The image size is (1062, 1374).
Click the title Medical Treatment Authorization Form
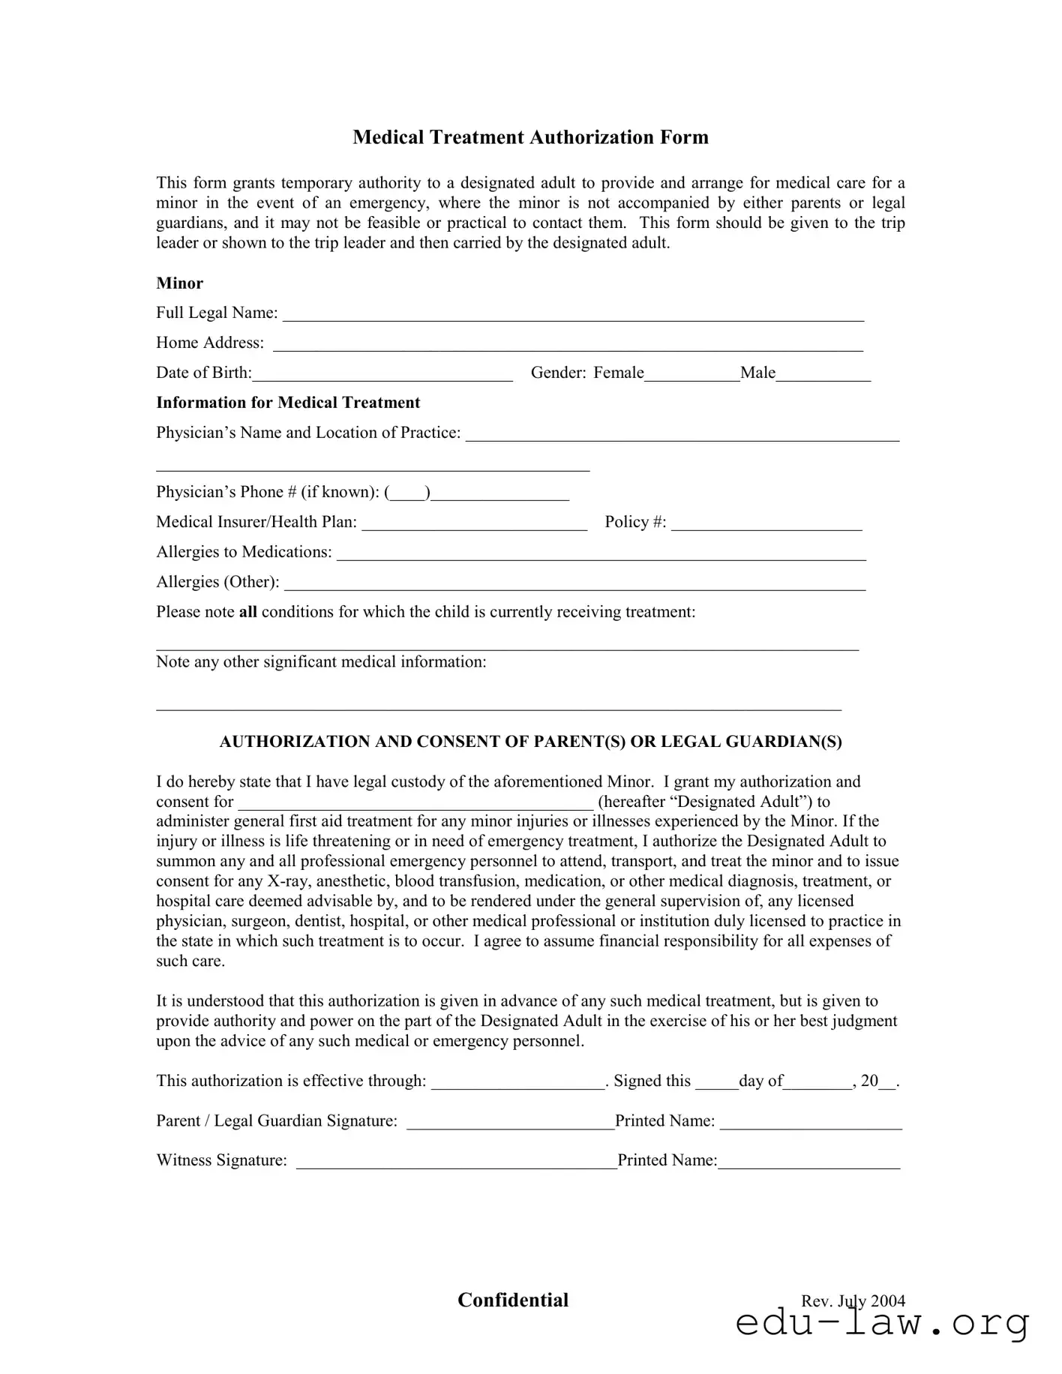(530, 137)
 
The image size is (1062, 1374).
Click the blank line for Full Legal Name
(573, 315)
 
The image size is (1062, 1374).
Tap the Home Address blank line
(568, 345)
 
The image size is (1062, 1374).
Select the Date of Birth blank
(382, 375)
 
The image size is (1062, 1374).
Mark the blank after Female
(691, 375)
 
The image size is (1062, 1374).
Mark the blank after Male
(823, 375)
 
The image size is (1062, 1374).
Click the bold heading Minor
(179, 283)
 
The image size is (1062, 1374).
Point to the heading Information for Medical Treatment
(288, 403)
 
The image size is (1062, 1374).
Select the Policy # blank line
(766, 524)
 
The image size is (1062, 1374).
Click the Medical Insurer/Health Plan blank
(474, 524)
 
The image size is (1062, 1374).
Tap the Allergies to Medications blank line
(601, 554)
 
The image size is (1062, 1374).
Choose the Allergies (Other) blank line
(575, 584)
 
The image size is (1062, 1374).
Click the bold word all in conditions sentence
(247, 612)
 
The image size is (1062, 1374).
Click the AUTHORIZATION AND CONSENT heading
(530, 742)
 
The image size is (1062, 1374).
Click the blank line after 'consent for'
(416, 804)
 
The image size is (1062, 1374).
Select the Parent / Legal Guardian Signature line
(510, 1123)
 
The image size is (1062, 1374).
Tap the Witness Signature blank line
(456, 1162)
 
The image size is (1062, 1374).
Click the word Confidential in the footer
(513, 1300)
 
